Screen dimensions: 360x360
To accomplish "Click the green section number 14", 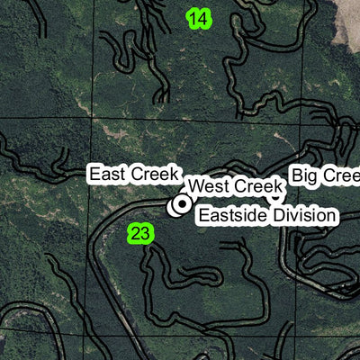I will (x=199, y=18).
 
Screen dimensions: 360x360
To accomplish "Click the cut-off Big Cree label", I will (x=325, y=175).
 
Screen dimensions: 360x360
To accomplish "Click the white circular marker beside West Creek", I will (x=180, y=205).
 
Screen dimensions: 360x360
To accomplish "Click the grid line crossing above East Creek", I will (x=135, y=120).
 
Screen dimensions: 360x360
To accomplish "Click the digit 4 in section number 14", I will (x=203, y=18).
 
